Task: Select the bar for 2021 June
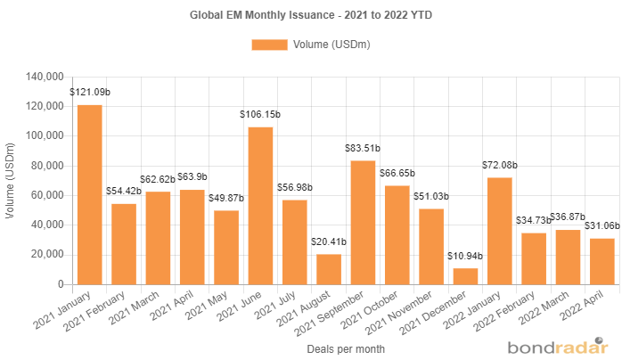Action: (x=260, y=205)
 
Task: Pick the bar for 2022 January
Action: (x=500, y=231)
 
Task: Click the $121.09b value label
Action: (x=89, y=92)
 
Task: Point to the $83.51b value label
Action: (x=363, y=148)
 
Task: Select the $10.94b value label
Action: (x=465, y=256)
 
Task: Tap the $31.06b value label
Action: (x=602, y=225)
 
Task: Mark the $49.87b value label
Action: (x=226, y=198)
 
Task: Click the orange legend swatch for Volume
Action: (x=269, y=45)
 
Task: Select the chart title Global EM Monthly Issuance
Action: (x=311, y=15)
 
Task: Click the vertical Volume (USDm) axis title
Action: (x=11, y=180)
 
